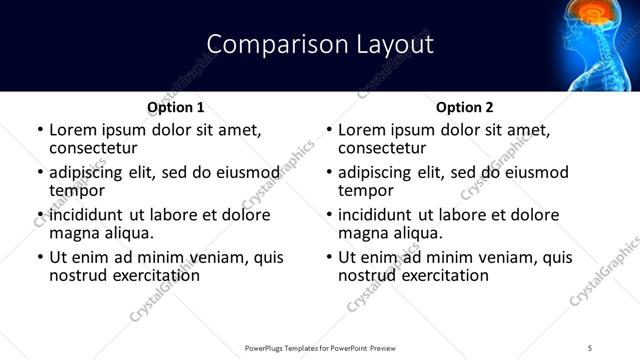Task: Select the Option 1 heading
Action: click(x=176, y=107)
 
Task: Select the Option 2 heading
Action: click(x=465, y=107)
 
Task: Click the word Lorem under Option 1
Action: click(x=74, y=130)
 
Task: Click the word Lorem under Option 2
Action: click(x=363, y=130)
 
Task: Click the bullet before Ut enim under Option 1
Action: click(x=39, y=257)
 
